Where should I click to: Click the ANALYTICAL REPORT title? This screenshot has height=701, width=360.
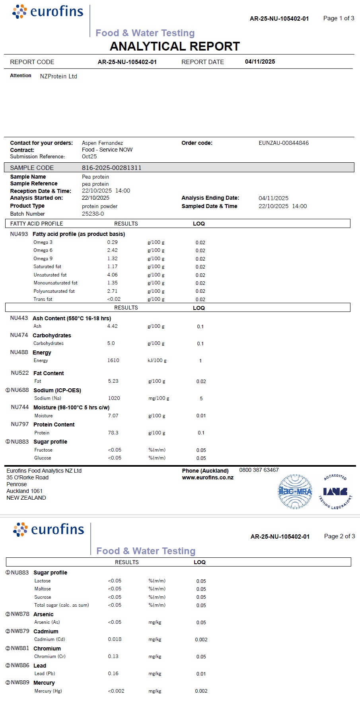click(175, 47)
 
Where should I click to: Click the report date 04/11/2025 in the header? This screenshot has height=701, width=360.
click(260, 62)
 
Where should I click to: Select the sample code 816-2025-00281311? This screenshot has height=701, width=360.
click(111, 167)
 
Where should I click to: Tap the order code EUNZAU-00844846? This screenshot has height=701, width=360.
click(284, 143)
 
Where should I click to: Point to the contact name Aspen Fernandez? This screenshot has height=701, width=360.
click(102, 143)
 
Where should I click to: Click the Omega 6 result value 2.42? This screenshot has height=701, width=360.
click(112, 250)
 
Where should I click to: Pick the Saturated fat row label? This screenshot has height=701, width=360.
click(47, 267)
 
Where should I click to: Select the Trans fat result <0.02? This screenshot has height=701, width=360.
click(114, 299)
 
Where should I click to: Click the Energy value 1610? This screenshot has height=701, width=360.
click(113, 360)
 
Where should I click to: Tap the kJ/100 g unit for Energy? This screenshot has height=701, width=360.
click(157, 360)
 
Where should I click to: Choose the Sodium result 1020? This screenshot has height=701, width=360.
click(114, 398)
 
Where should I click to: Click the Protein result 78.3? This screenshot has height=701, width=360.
click(113, 433)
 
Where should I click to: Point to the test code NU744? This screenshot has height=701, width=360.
click(20, 407)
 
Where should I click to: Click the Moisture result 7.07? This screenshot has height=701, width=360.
click(113, 416)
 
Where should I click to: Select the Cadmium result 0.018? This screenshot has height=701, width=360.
click(115, 639)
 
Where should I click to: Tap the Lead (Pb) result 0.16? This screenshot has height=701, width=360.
click(113, 674)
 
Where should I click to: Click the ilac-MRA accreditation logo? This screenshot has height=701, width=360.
click(295, 491)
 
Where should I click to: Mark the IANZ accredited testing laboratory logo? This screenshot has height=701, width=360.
click(335, 491)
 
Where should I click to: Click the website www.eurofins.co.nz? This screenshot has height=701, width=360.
click(208, 477)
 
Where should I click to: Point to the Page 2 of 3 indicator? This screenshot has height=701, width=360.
click(339, 536)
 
